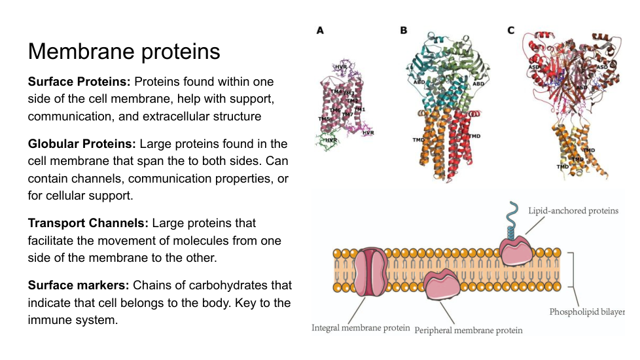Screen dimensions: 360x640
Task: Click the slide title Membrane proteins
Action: (x=124, y=51)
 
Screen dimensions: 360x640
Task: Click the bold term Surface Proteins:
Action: (x=79, y=82)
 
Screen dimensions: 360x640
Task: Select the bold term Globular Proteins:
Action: (x=82, y=144)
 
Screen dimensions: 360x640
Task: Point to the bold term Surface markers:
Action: (x=79, y=285)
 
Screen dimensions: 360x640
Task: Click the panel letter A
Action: (x=320, y=31)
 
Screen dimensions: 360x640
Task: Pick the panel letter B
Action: (x=404, y=31)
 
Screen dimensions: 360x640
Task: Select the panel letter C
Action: (x=511, y=31)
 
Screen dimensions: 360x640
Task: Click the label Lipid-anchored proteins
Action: (x=573, y=211)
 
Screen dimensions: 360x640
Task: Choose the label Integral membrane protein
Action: (x=361, y=327)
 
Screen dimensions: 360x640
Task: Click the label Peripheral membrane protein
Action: (x=469, y=330)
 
